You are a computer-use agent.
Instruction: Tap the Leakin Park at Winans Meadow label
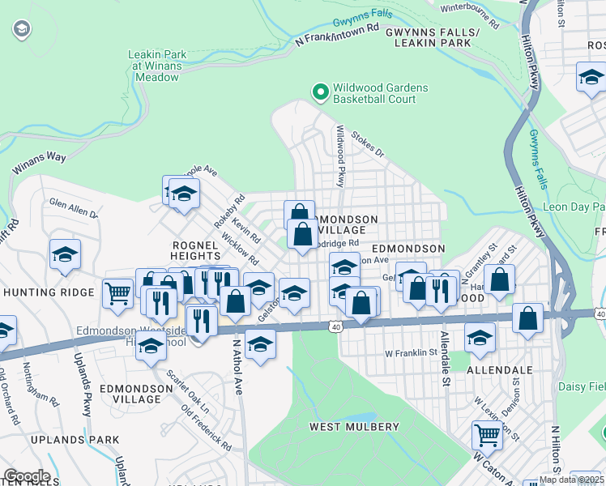point(157,66)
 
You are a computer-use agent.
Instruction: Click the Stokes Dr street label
point(368,147)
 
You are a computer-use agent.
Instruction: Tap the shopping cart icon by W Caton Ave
point(487,434)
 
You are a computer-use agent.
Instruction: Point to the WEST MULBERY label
point(355,427)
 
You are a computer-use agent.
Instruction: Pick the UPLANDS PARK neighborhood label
point(64,440)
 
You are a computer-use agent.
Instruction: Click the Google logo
point(26,476)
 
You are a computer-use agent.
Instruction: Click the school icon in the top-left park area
point(21,31)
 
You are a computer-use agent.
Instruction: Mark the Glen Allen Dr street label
point(73,209)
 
